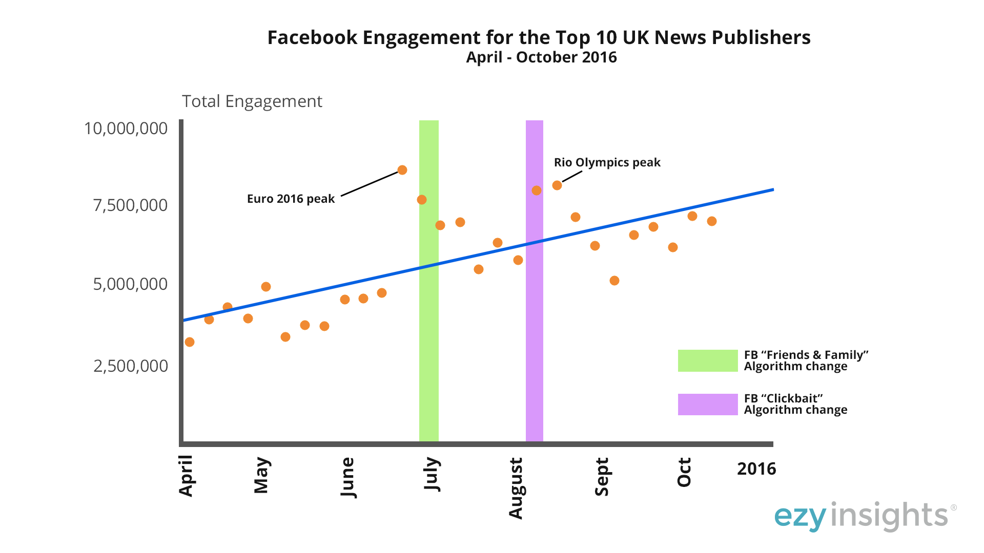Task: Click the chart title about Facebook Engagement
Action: [x=539, y=37]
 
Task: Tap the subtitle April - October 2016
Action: [x=541, y=57]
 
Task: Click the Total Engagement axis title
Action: [x=252, y=101]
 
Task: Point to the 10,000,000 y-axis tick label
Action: [x=126, y=128]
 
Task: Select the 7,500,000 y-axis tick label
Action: [x=130, y=205]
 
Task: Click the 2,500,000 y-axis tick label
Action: [x=130, y=366]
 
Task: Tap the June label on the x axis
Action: [x=347, y=477]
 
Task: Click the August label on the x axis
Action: [x=515, y=488]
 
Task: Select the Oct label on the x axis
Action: [x=684, y=472]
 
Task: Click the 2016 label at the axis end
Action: [x=756, y=469]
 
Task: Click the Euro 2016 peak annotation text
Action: [x=291, y=199]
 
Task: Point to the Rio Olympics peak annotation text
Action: [x=607, y=162]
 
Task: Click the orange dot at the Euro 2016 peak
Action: [x=402, y=170]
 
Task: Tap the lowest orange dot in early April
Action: [x=190, y=342]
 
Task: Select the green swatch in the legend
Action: [x=707, y=360]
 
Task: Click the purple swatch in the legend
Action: [x=707, y=405]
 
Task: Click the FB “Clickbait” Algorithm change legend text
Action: [x=795, y=404]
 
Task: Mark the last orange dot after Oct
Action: [x=712, y=221]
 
